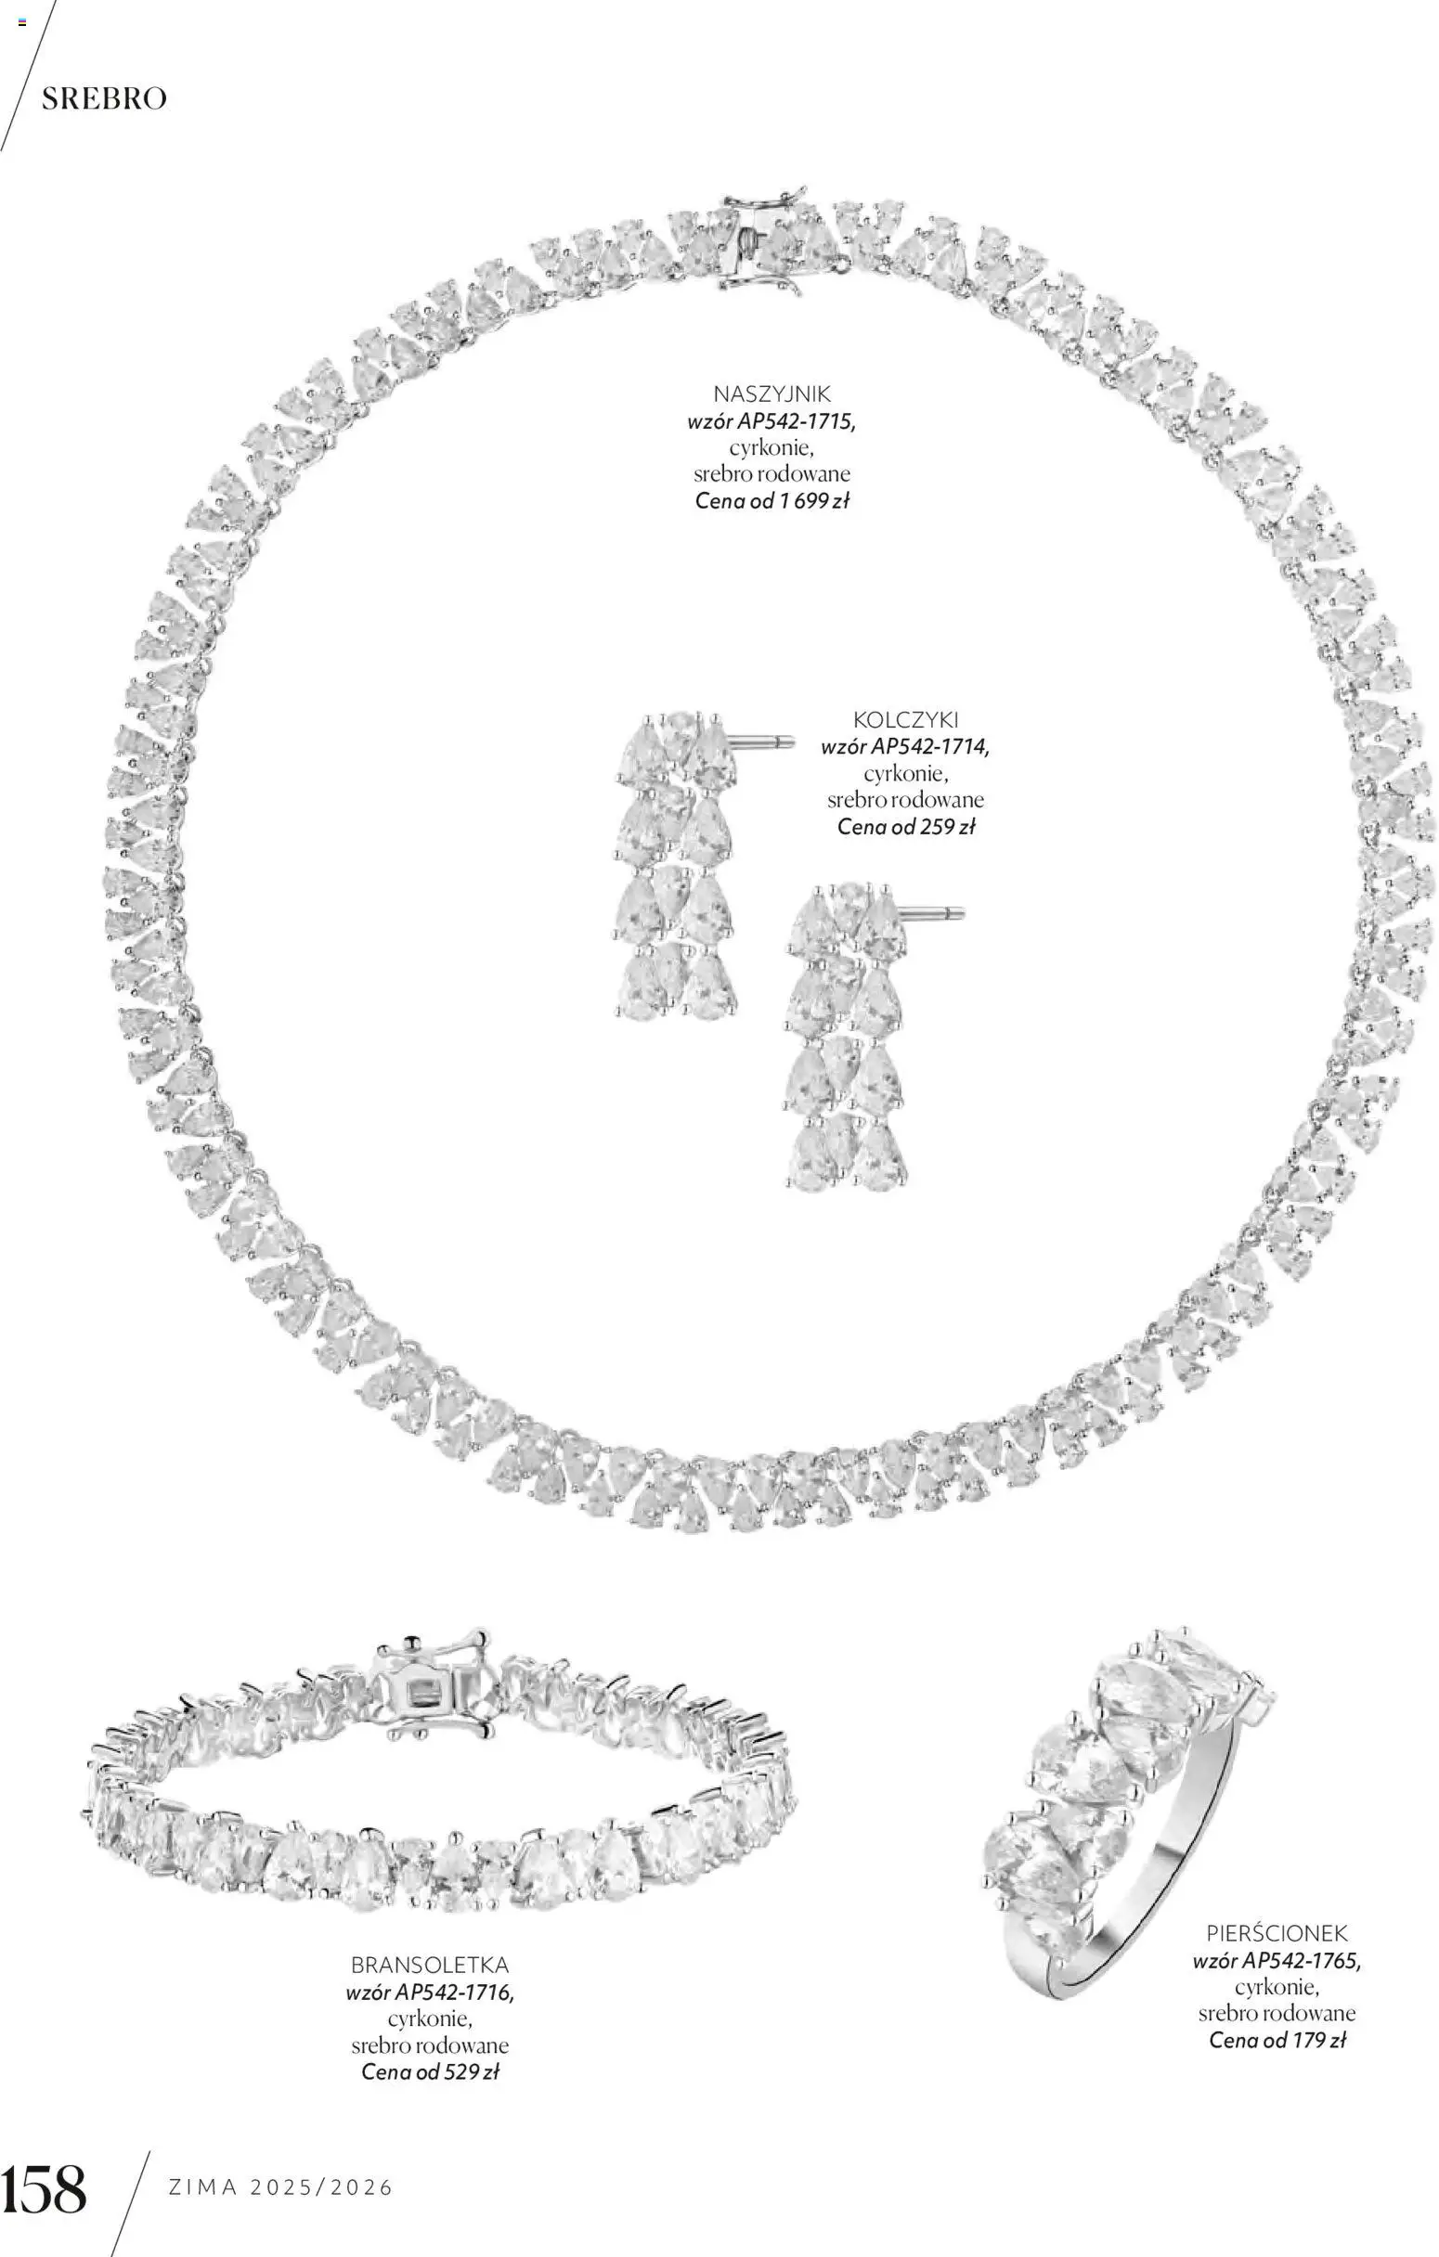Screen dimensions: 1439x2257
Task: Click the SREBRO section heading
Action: (104, 98)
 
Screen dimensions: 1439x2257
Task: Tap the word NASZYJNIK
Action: (771, 393)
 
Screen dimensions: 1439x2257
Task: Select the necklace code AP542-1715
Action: (796, 420)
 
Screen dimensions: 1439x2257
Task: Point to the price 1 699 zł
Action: (812, 500)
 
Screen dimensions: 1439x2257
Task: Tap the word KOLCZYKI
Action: (905, 720)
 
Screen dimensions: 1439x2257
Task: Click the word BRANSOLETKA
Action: (429, 1965)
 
